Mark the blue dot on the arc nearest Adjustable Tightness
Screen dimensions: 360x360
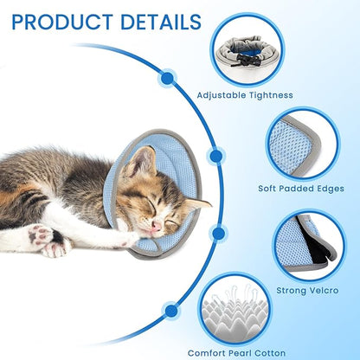(167, 78)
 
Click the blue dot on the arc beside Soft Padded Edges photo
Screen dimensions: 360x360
(216, 155)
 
